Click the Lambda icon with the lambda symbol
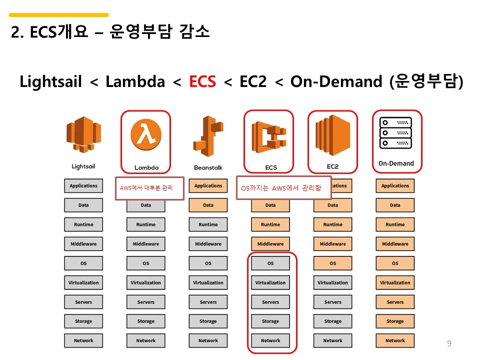(x=146, y=135)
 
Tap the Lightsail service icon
(x=83, y=133)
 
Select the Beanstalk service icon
(x=208, y=135)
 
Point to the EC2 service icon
(x=332, y=135)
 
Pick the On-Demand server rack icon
(x=395, y=133)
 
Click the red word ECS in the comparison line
(x=202, y=81)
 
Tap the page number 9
(x=449, y=343)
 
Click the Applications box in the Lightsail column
(x=83, y=186)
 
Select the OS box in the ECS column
(x=270, y=263)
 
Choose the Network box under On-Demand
(x=395, y=340)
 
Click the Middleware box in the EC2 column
(x=332, y=244)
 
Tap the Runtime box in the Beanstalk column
(x=208, y=224)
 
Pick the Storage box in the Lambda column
(x=146, y=321)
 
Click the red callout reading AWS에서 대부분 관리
(x=149, y=188)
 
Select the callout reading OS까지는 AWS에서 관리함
(x=283, y=187)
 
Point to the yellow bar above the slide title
(x=58, y=15)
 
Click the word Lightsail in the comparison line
(x=50, y=81)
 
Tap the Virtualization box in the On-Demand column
(x=395, y=282)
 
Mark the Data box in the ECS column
(x=270, y=205)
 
